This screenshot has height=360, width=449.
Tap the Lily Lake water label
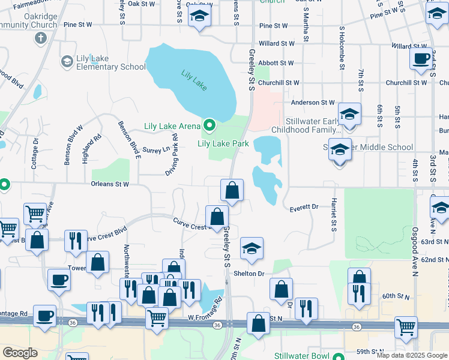click(194, 80)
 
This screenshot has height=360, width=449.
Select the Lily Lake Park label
click(223, 144)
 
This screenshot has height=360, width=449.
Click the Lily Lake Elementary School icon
click(67, 61)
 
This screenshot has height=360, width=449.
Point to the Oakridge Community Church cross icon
click(41, 39)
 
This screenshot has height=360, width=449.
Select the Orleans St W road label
click(110, 184)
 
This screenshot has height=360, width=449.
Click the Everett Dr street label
click(304, 208)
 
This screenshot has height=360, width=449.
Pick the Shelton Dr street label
click(253, 274)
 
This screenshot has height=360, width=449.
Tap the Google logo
click(20, 353)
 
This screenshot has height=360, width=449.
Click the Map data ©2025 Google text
click(411, 355)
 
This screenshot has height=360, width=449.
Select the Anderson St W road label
click(312, 103)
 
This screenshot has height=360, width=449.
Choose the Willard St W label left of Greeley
click(277, 44)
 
